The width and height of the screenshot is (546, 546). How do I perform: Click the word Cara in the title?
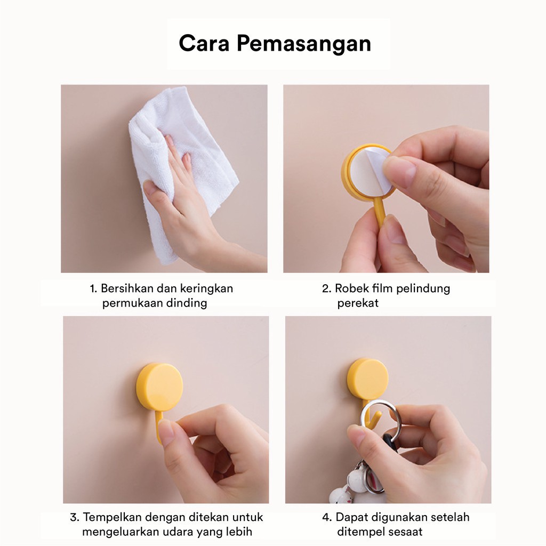(x=205, y=44)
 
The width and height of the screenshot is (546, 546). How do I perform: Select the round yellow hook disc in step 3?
(x=159, y=387)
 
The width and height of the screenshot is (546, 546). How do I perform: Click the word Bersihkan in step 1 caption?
(x=126, y=288)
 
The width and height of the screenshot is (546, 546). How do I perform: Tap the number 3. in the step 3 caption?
(x=75, y=517)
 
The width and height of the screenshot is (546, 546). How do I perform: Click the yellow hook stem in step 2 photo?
(x=380, y=211)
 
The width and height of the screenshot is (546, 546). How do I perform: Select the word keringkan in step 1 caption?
(x=206, y=289)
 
